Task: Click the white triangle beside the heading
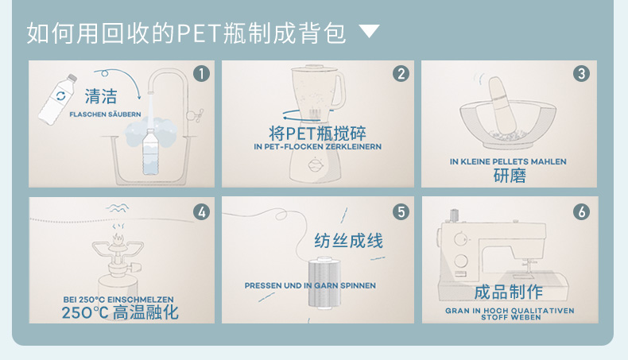click(x=369, y=31)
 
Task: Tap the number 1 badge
click(x=201, y=74)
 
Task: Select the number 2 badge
click(x=401, y=74)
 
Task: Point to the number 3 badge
click(x=582, y=74)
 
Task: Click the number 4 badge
click(x=201, y=212)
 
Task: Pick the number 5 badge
click(x=401, y=212)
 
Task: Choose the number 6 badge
click(x=582, y=212)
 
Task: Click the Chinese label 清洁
click(x=101, y=96)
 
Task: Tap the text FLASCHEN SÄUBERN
click(x=106, y=114)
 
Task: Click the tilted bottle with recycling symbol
click(x=57, y=99)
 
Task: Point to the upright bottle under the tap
click(x=150, y=153)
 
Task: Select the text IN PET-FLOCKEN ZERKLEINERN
click(x=318, y=147)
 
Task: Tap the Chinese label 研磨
click(x=510, y=176)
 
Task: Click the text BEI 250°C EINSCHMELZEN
click(x=118, y=300)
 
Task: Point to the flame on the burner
click(x=118, y=239)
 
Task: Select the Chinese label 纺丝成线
click(x=348, y=241)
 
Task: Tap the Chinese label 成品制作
click(x=509, y=292)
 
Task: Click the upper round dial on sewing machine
click(x=460, y=239)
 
